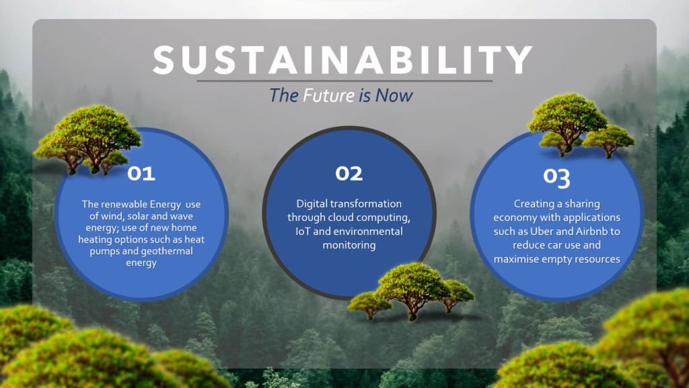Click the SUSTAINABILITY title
[x=342, y=60]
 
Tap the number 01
[x=141, y=174]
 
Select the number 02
[x=349, y=173]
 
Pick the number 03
[x=556, y=177]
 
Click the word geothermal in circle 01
[x=169, y=251]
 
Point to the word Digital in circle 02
[x=312, y=204]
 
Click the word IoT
[x=303, y=232]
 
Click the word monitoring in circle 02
[x=349, y=245]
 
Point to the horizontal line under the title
[x=344, y=81]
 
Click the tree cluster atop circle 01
[x=88, y=139]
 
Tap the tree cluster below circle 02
[x=411, y=291]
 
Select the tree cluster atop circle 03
[x=580, y=125]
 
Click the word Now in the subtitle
[x=394, y=96]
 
